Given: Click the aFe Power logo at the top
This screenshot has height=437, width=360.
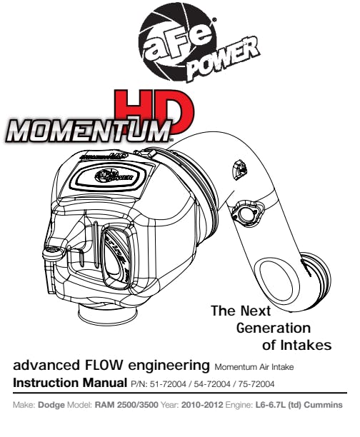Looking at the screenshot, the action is pos(195,44).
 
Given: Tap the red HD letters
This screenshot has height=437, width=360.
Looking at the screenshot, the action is pos(155,111).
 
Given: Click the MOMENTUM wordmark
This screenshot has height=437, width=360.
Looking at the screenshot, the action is pos(89,130).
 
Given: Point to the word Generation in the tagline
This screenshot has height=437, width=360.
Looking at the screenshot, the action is pos(274,328).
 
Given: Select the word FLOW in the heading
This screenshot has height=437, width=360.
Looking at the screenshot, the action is pos(102,365).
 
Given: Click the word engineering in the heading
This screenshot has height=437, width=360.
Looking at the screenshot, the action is pos(169,366).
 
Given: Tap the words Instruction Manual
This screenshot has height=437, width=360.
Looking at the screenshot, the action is pos(70,383).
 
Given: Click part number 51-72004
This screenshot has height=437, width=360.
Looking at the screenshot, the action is pos(168,384).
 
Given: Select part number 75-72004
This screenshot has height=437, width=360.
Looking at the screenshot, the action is pos(256,384).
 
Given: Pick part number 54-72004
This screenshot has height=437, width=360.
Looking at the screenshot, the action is pos(212,384).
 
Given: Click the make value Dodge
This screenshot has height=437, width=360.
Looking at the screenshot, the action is pos(51,405).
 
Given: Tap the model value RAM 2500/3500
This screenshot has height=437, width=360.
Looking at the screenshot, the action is pos(126,405).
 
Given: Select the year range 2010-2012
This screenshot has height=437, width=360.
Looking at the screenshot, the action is pos(202,405).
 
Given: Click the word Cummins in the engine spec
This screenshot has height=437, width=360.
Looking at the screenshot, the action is pos(323,405).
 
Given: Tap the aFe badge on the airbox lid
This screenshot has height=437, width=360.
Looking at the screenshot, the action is pos(114,176).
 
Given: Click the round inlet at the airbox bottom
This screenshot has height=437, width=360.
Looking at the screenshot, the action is pos(108,313).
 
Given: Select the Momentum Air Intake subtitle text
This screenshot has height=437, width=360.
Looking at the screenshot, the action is pos(254,367).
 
